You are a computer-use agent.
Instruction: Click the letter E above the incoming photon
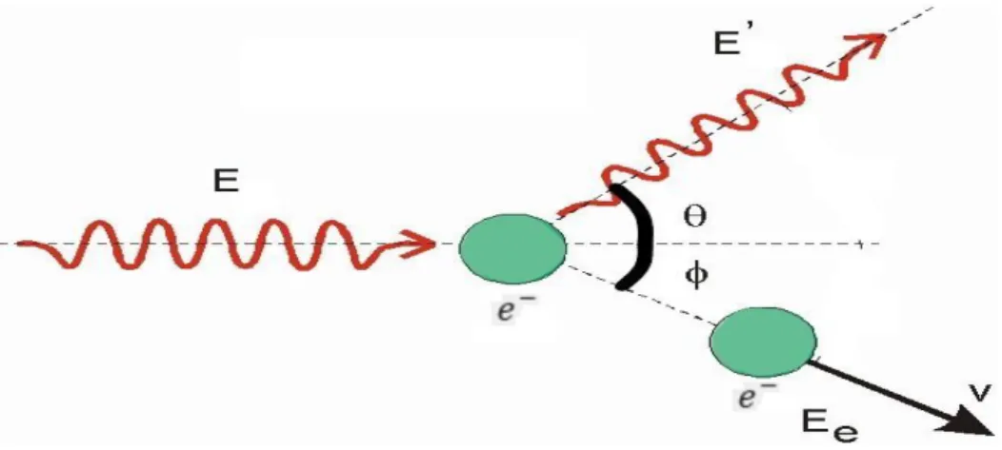tap(226, 182)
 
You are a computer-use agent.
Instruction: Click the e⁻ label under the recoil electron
tap(749, 397)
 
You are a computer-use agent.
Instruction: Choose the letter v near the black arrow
tap(984, 395)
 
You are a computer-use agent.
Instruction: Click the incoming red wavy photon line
tap(217, 244)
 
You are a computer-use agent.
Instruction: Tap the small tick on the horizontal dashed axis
tap(863, 244)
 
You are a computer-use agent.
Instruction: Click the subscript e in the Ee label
tap(844, 432)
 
